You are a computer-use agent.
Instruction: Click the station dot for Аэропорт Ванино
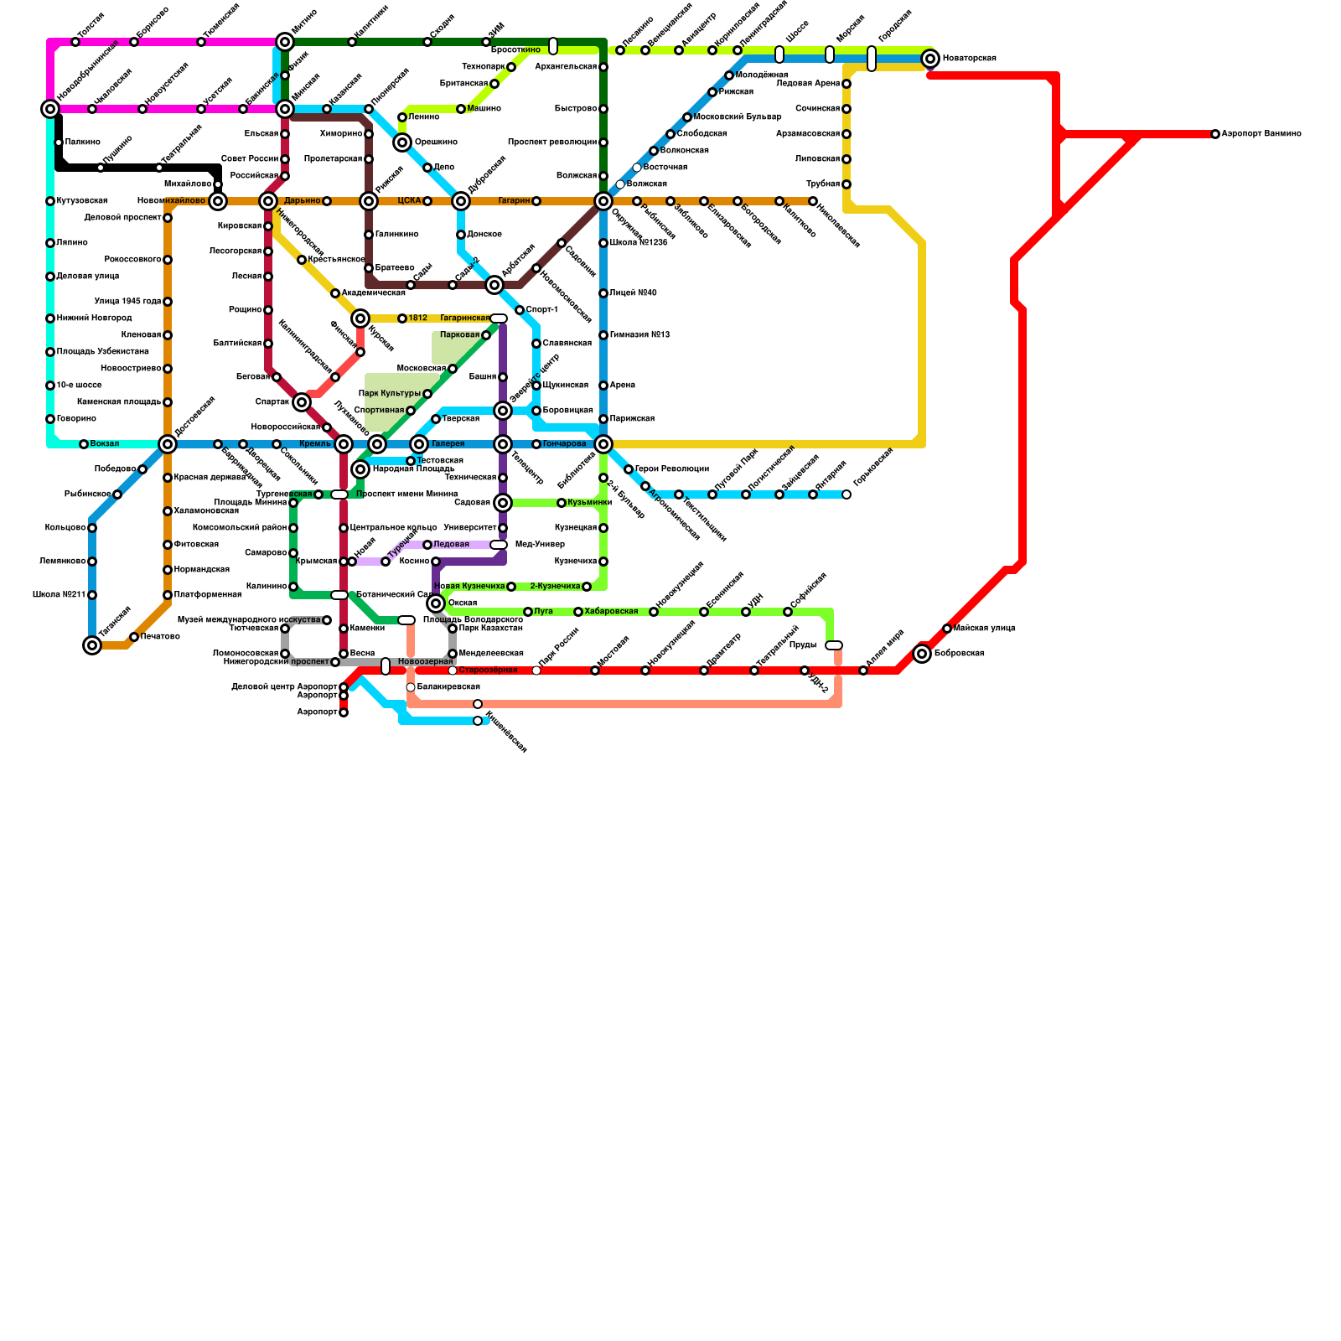1215,134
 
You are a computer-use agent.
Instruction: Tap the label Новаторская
969,59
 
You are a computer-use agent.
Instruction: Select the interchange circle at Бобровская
922,654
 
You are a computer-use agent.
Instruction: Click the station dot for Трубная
847,184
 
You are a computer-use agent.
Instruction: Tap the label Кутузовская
82,201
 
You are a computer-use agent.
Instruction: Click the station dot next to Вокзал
84,444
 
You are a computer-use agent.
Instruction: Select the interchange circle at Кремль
344,444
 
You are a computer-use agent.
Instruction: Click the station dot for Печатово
134,637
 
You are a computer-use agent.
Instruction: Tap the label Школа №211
59,595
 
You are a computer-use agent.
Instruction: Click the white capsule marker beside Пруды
834,645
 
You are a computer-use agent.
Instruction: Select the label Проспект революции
552,142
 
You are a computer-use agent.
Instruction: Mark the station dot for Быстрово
603,109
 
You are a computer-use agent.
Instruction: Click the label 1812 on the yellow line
417,318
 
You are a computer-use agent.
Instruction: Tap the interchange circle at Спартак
303,402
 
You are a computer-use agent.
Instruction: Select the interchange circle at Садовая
503,503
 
